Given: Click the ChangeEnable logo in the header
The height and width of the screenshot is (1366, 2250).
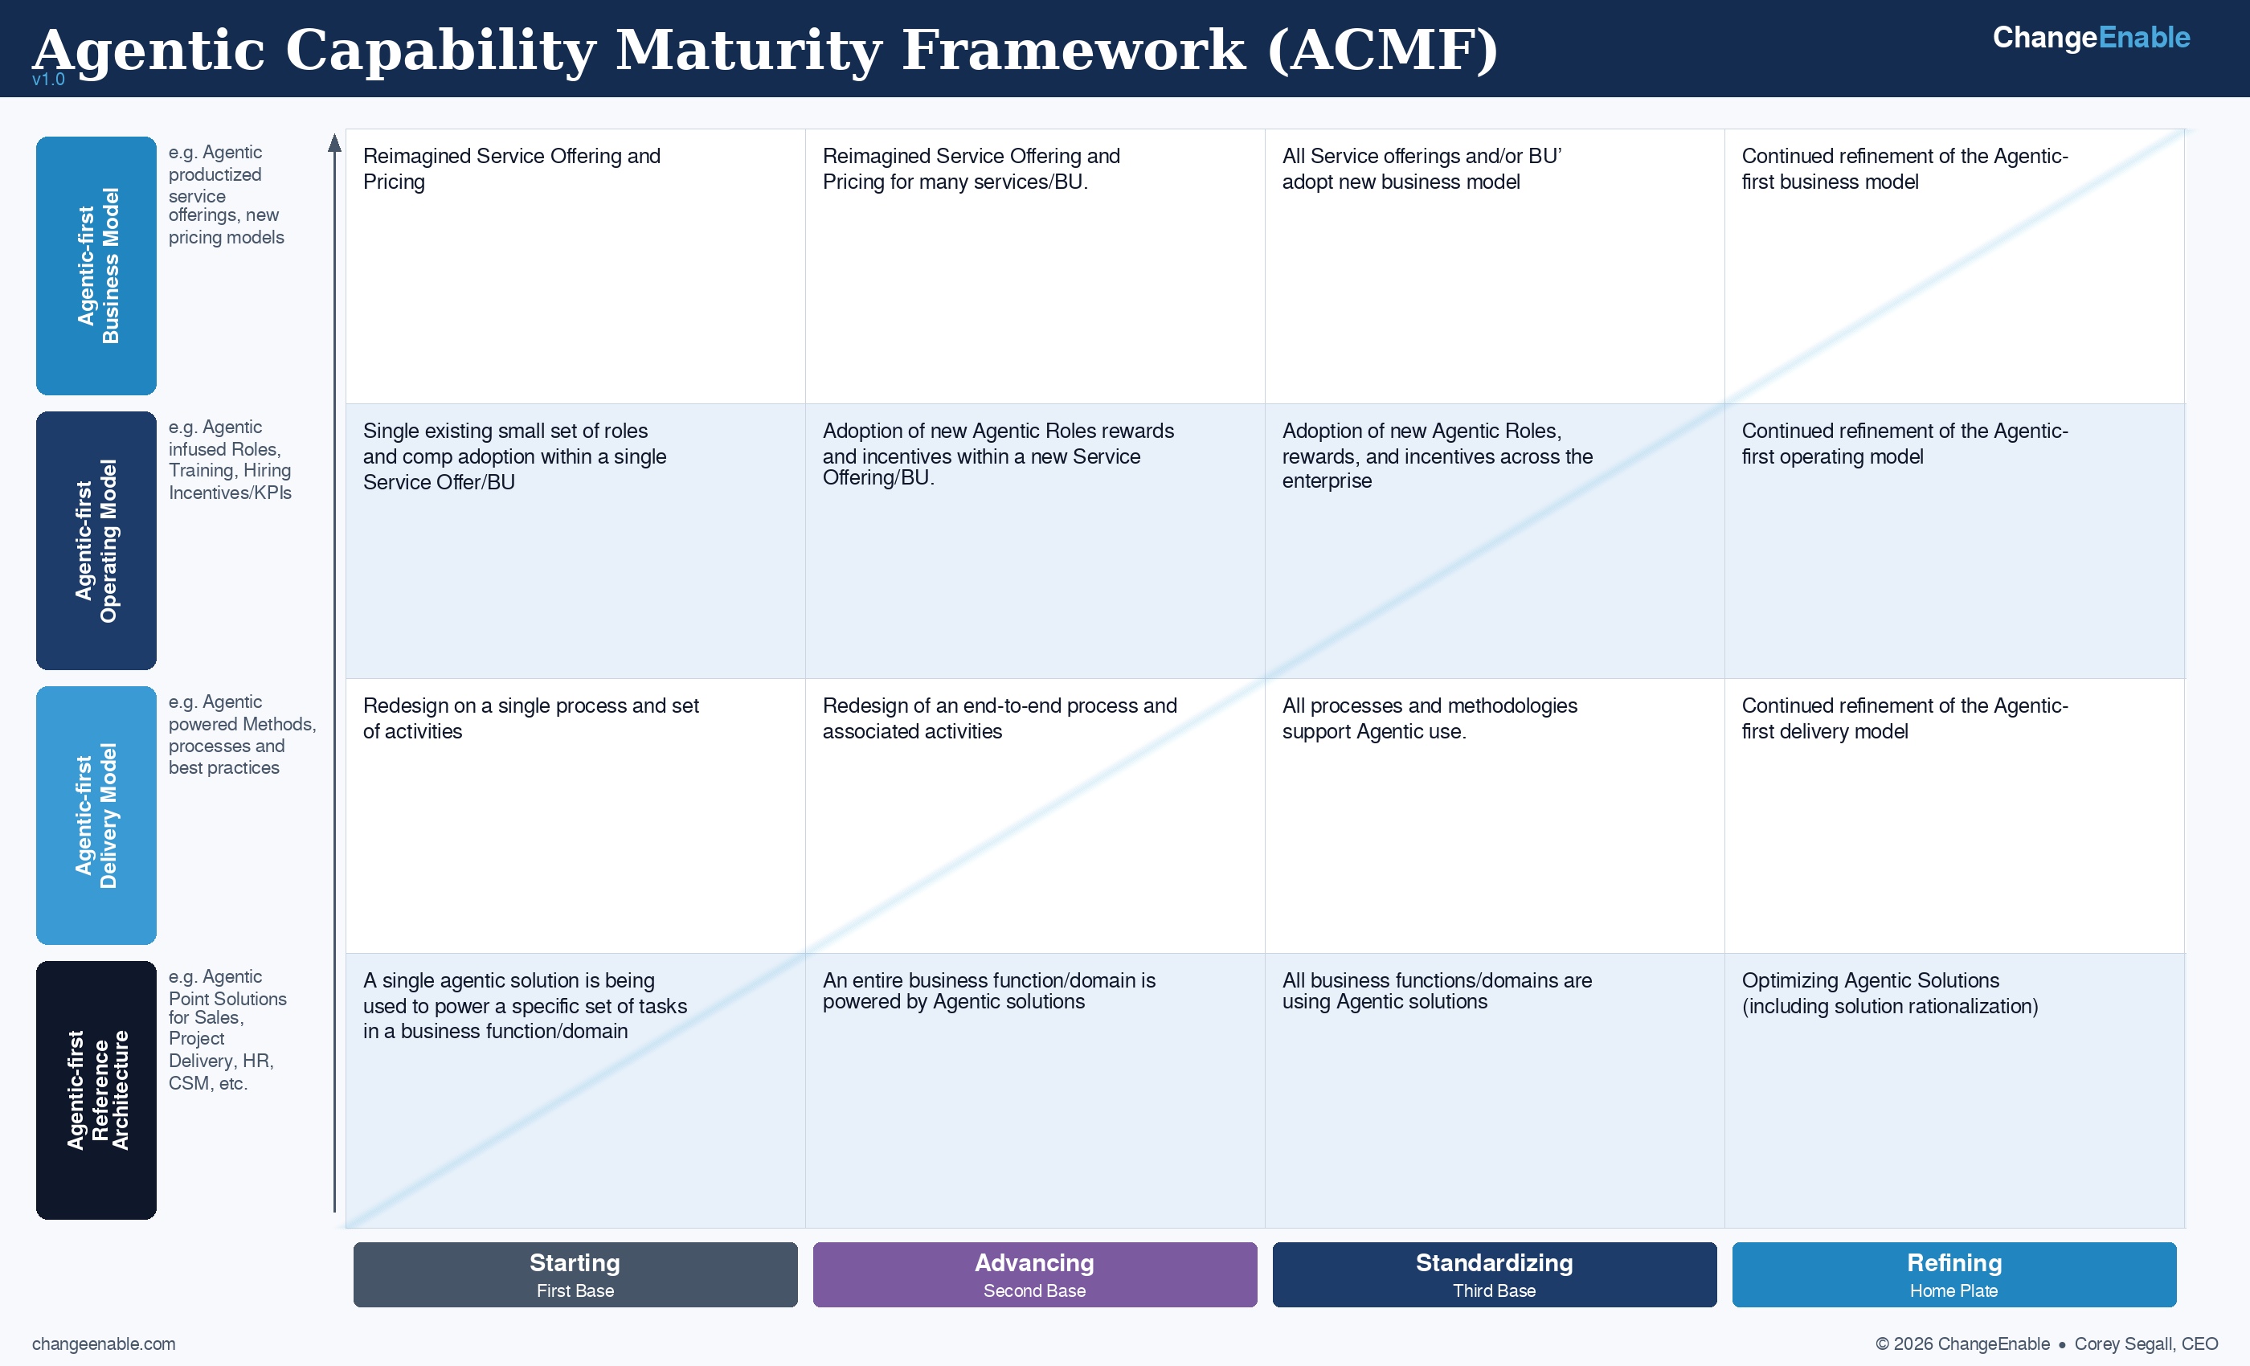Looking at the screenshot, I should [2090, 38].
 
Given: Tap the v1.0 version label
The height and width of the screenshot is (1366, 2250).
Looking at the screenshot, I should [48, 80].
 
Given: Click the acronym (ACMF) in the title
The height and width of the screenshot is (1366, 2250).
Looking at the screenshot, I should [1381, 50].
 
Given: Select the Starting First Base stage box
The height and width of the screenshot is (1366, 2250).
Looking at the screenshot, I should [575, 1274].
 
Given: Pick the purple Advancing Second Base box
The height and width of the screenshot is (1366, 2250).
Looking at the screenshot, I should [1035, 1274].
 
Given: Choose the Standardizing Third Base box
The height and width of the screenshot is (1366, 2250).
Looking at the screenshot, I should [1494, 1274].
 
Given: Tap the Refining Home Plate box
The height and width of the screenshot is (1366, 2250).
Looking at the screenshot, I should [1953, 1274].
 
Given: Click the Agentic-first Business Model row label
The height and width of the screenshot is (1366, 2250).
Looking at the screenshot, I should [96, 266].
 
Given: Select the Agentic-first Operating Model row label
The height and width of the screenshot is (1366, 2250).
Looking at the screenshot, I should [96, 541].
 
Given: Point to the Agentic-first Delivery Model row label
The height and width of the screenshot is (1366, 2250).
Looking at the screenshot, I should [96, 816].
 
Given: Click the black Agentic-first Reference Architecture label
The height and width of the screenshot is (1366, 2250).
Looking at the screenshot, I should [96, 1090].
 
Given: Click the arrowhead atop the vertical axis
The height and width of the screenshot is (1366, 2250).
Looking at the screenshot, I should [334, 143].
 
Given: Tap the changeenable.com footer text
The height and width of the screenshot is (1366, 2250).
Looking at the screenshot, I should [103, 1344].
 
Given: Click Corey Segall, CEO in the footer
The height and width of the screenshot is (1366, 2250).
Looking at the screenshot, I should [2145, 1344].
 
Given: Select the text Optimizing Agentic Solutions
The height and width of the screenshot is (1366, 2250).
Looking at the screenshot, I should [1869, 980].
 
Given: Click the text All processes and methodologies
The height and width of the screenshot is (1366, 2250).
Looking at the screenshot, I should [1429, 705].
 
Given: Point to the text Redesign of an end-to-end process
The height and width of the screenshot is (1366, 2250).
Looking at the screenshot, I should [999, 705].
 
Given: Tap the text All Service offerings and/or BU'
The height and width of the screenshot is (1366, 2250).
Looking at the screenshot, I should [1421, 156].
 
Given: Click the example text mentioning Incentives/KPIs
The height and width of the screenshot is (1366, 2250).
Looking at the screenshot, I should [229, 493].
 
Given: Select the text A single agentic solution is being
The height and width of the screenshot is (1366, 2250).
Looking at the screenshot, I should [509, 980].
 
